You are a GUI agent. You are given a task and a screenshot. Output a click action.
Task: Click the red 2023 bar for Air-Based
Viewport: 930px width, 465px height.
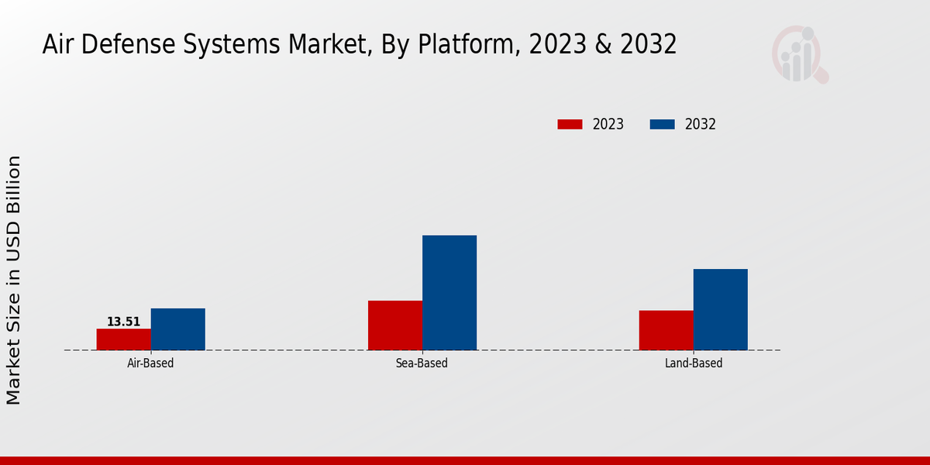coord(124,339)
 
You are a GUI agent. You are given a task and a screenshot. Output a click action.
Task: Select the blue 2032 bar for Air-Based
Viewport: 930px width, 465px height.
coord(178,329)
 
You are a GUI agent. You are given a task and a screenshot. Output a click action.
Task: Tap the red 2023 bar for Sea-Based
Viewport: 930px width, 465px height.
coord(395,325)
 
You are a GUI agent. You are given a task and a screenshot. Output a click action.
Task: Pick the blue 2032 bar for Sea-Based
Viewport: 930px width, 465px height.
coord(449,293)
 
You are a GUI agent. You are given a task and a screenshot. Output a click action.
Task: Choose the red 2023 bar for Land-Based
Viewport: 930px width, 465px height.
coord(666,330)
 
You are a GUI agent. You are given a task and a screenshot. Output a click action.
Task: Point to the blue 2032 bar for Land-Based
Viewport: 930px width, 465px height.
coord(721,309)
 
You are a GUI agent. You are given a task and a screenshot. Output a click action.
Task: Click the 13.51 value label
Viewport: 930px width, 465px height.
coord(124,322)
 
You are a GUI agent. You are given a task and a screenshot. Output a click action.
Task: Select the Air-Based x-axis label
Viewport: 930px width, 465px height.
coord(150,363)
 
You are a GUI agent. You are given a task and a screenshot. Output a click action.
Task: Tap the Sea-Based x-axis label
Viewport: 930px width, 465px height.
coord(422,363)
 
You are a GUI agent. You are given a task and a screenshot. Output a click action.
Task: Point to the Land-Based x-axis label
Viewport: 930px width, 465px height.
coord(694,363)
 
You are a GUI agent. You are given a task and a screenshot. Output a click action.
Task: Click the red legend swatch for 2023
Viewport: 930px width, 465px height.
coord(570,124)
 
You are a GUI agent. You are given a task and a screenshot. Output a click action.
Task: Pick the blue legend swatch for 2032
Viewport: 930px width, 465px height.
coord(662,124)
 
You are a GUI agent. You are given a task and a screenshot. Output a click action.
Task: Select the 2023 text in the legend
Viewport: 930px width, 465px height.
coord(608,124)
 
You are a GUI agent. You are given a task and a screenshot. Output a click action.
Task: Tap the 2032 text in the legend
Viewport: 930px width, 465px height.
coord(701,124)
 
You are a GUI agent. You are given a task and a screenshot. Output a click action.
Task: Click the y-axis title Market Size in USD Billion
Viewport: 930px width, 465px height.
coord(14,279)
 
